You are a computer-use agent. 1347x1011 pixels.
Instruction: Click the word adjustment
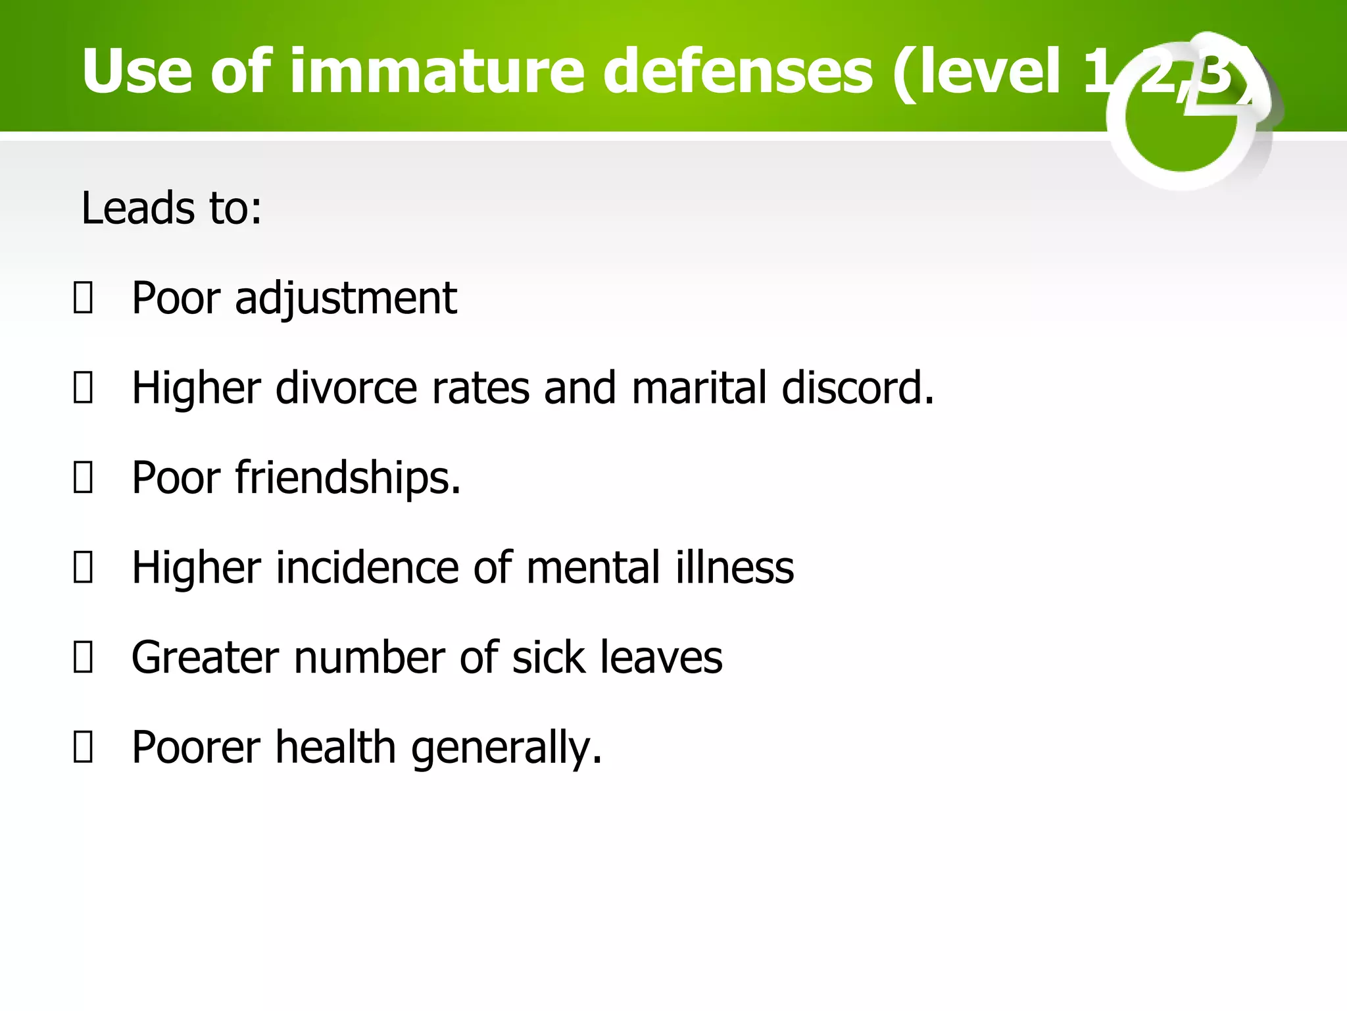point(345,298)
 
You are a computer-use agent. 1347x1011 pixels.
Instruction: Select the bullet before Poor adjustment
point(83,298)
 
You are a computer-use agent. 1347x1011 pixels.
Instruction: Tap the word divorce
point(346,388)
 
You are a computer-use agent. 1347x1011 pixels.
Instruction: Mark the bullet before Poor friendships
point(83,478)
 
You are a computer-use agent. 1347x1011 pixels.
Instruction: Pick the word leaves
point(661,658)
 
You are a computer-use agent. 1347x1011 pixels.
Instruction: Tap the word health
point(335,748)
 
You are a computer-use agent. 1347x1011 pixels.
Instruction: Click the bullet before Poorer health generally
point(83,748)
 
